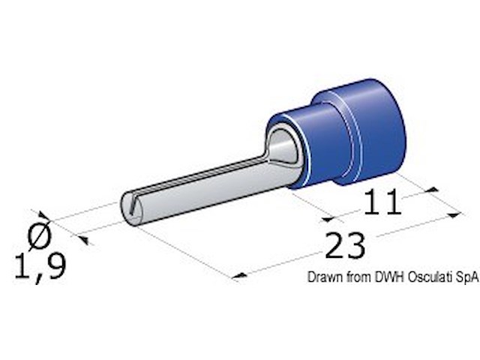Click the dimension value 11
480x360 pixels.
pyautogui.click(x=382, y=203)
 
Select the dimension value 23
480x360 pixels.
pyautogui.click(x=346, y=245)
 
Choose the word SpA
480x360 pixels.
pyautogui.click(x=464, y=277)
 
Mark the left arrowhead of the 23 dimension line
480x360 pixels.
pyautogui.click(x=239, y=277)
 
